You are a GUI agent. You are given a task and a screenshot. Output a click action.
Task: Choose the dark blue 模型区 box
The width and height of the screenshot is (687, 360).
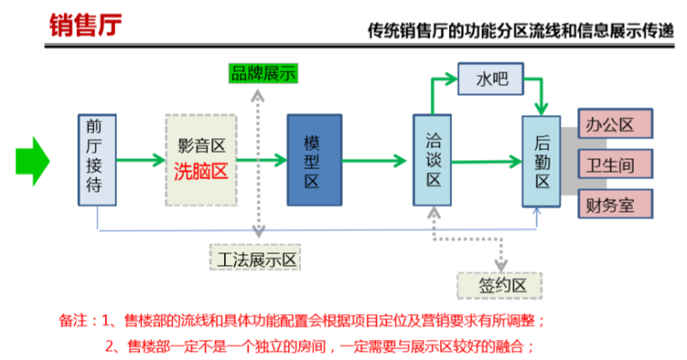point(314,160)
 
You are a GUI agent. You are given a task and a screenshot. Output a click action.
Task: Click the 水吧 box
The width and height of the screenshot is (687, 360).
point(492,81)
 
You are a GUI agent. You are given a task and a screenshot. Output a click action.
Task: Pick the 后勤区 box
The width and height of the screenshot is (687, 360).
point(541,162)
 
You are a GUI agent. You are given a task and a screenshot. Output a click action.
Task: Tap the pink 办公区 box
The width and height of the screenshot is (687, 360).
point(614,124)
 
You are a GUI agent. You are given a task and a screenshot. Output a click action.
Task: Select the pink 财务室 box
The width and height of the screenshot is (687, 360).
point(614,204)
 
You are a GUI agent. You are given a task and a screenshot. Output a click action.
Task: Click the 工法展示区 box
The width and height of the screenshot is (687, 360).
point(254,260)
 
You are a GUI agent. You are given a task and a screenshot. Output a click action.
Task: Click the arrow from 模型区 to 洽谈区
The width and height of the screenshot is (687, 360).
point(375,162)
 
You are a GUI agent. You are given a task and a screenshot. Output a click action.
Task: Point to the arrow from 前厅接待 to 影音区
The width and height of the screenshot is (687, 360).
point(141,162)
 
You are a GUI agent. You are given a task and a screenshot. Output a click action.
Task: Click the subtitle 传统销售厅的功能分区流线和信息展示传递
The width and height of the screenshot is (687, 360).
point(521,31)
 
